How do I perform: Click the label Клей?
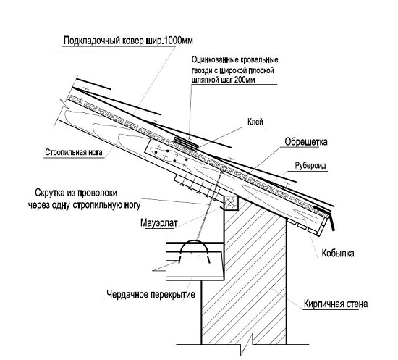[255, 122]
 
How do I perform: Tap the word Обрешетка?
[306, 142]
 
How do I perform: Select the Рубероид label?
[310, 166]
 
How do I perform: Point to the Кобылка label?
[338, 254]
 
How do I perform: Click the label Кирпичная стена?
[336, 304]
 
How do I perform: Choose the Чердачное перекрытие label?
[151, 295]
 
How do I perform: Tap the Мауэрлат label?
[159, 223]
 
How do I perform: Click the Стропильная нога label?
[74, 152]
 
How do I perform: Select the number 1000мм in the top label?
[179, 41]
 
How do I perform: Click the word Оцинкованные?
[215, 60]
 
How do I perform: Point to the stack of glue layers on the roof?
[185, 143]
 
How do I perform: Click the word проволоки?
[97, 193]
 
